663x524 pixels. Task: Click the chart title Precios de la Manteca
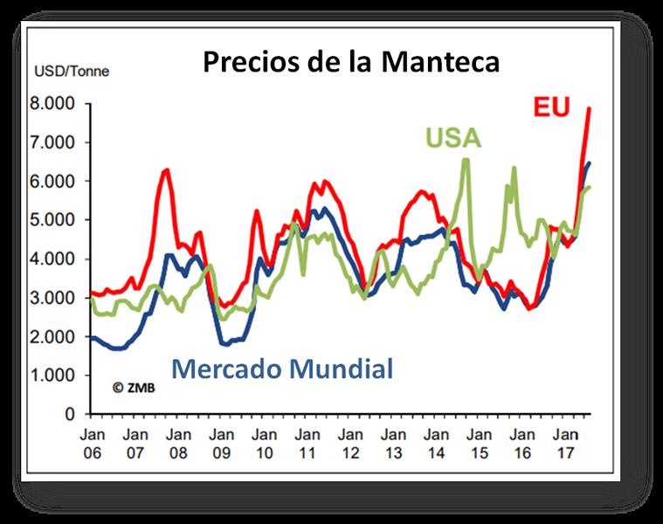[351, 62]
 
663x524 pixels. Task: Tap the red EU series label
[551, 108]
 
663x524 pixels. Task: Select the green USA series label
[453, 139]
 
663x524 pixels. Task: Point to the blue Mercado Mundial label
[282, 368]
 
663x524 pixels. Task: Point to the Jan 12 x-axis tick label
[349, 444]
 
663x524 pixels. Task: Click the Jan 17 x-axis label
[566, 444]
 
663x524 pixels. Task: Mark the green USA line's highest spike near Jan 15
[466, 159]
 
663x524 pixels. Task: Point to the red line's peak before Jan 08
[166, 169]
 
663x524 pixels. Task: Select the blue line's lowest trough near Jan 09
[224, 344]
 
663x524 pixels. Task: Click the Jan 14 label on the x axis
[436, 444]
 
